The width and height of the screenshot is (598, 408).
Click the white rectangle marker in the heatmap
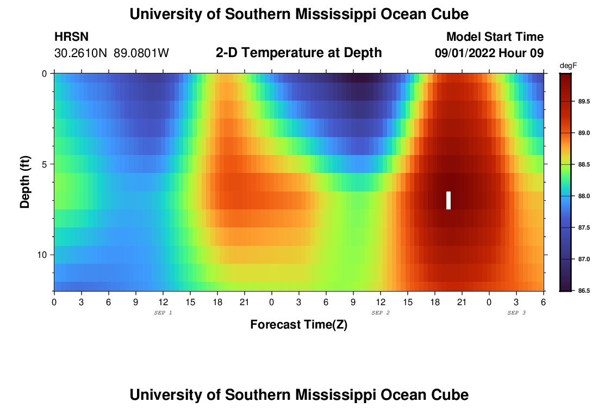(x=448, y=200)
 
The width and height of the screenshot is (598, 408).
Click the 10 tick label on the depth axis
(x=44, y=255)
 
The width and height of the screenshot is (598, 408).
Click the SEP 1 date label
(x=163, y=313)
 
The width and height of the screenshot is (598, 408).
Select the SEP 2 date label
(x=381, y=313)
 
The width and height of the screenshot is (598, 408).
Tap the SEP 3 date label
(x=516, y=313)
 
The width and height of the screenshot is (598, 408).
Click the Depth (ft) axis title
(x=25, y=182)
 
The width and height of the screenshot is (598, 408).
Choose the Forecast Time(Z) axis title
(x=298, y=325)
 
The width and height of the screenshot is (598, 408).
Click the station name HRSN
(x=71, y=37)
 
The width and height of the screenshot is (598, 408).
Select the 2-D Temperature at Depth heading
(x=298, y=52)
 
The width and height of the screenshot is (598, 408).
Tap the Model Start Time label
(x=495, y=37)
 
